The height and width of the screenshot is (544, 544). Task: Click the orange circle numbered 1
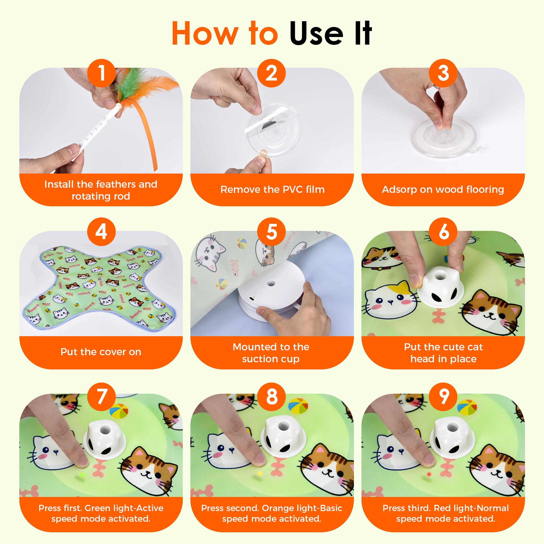click(x=101, y=73)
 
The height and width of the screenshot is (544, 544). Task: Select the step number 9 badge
click(x=443, y=397)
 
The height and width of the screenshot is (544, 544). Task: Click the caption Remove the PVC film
click(x=272, y=190)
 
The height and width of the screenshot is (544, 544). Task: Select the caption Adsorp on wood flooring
click(x=443, y=190)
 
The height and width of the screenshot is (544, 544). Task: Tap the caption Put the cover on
click(x=101, y=352)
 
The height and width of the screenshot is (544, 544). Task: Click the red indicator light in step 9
click(x=429, y=474)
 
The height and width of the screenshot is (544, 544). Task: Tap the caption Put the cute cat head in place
click(x=443, y=353)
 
